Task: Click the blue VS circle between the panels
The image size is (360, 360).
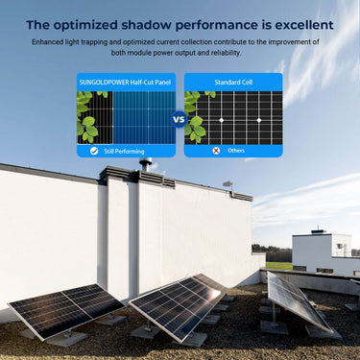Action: (180, 120)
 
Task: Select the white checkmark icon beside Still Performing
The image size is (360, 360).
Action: (93, 151)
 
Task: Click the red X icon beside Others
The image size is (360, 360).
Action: (216, 151)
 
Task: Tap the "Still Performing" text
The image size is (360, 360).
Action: (125, 151)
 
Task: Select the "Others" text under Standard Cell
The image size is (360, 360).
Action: (236, 151)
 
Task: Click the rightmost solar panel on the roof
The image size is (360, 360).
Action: (295, 300)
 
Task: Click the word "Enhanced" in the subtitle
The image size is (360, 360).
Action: (50, 42)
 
